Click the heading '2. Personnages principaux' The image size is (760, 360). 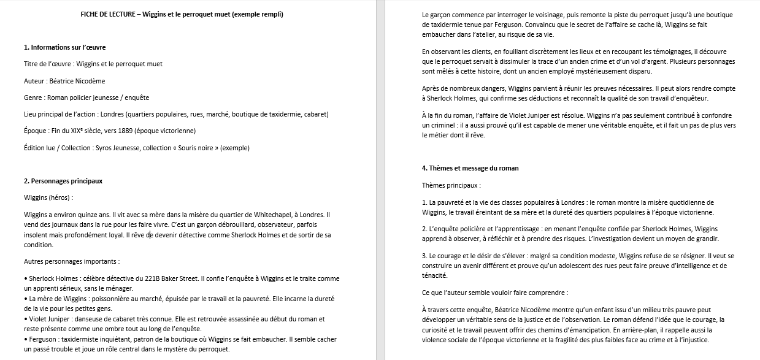(x=63, y=181)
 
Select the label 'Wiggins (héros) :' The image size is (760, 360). (x=48, y=197)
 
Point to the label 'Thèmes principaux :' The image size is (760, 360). (x=451, y=185)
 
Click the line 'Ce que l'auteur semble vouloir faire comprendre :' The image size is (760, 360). (x=495, y=293)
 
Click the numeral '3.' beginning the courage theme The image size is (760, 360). (x=424, y=255)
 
